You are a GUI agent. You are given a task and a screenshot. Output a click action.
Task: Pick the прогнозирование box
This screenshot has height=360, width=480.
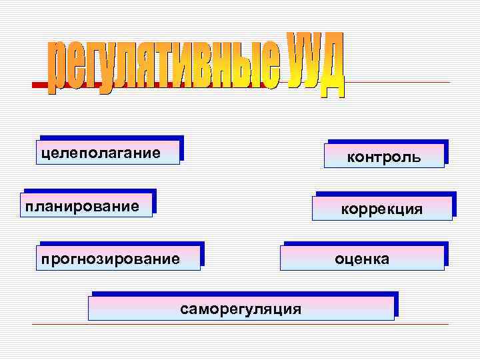coord(119,257)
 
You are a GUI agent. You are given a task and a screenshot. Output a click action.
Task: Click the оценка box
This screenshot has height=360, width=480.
coord(362,257)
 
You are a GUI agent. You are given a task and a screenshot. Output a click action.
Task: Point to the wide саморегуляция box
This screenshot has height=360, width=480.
coord(241,309)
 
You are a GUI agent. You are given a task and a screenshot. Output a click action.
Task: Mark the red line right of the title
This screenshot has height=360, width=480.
coord(400,83)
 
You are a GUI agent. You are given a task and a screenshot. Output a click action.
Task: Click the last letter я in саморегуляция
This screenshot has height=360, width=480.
coord(296,309)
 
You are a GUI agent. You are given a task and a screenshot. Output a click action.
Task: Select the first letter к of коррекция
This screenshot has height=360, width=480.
coord(345,209)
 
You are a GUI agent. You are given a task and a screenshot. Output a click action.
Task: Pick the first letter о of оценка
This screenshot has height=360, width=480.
coord(339,258)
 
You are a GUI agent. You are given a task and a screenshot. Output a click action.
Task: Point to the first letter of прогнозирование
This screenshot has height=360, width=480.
coord(44,258)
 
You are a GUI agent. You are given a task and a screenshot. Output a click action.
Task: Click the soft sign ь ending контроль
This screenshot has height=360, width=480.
coord(417,157)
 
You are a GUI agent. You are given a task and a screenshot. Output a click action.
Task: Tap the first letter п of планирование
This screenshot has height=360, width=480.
coord(29,205)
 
